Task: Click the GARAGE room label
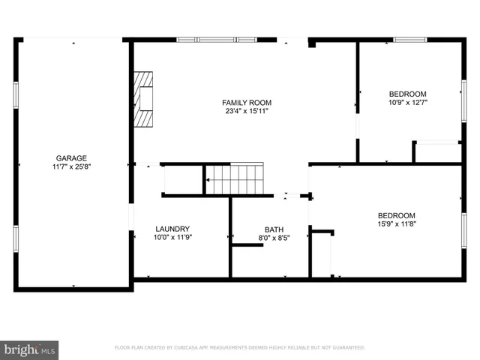(x=71, y=158)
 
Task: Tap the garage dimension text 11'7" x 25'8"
(x=71, y=167)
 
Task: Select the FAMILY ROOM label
(x=247, y=103)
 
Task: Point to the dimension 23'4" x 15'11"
(x=247, y=111)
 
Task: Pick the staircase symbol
(x=235, y=180)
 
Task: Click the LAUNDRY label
(x=172, y=229)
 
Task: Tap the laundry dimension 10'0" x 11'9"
(x=172, y=238)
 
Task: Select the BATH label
(x=274, y=229)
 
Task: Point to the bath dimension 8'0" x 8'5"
(x=274, y=238)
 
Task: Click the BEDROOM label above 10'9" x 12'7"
(x=407, y=94)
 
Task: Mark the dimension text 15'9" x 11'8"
(x=396, y=223)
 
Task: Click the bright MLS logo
(x=30, y=349)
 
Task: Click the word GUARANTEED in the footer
(x=348, y=348)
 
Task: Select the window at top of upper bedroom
(x=410, y=39)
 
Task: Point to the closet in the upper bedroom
(x=438, y=151)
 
